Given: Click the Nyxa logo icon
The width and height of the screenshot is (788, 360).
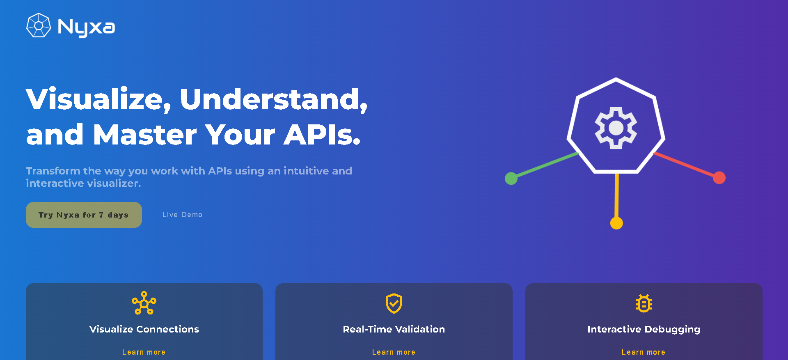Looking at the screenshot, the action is (x=39, y=25).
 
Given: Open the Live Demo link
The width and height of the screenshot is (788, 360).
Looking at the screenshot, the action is (x=182, y=215).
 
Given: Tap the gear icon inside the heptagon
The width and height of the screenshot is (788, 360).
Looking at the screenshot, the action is (x=616, y=128).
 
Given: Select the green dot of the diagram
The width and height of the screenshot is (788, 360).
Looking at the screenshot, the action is (x=511, y=179).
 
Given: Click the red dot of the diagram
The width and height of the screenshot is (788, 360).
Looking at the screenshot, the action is (x=719, y=178).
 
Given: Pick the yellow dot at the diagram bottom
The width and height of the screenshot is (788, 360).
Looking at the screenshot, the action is (x=616, y=223).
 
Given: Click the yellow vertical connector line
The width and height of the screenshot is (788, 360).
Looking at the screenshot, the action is (x=616, y=195).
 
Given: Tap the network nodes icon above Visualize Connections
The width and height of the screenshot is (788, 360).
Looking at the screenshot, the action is (x=144, y=303).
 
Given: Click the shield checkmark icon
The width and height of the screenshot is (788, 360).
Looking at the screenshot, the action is (x=394, y=303).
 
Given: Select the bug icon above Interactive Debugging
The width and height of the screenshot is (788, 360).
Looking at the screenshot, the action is (x=644, y=303).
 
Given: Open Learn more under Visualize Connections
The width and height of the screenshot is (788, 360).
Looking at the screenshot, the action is (x=144, y=352).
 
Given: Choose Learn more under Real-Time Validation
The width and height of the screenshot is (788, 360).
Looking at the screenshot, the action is (x=394, y=352).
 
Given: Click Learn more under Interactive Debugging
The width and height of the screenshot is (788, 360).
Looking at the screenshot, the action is (x=644, y=352).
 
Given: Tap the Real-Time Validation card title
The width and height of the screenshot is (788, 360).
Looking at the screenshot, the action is (x=394, y=329).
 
